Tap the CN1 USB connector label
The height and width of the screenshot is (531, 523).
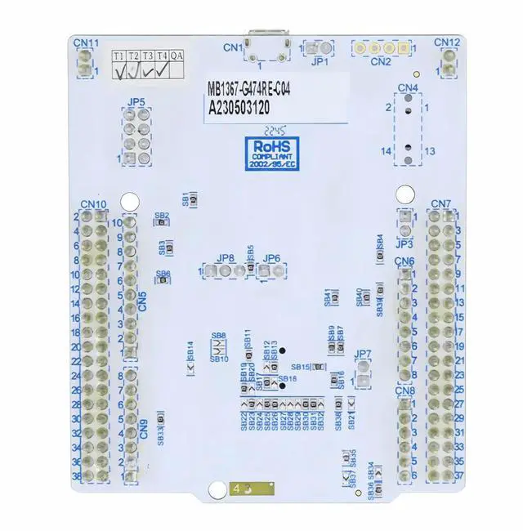[x=234, y=47]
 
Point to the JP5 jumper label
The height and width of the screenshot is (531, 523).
[x=136, y=102]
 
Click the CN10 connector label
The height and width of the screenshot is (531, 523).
[x=93, y=204]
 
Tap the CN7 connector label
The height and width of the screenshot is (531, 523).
[x=440, y=203]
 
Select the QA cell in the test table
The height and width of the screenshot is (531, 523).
[x=177, y=56]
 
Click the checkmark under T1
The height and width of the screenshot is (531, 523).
[x=120, y=72]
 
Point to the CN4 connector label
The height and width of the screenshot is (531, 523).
[x=408, y=87]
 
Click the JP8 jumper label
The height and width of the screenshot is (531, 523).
[x=226, y=258]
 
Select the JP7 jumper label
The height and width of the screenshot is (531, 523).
[x=364, y=355]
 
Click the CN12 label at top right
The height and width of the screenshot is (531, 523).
[x=447, y=42]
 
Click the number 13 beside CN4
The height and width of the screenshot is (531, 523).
[x=430, y=151]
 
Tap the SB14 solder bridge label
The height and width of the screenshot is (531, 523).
[x=190, y=350]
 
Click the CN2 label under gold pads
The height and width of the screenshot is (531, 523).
[x=381, y=60]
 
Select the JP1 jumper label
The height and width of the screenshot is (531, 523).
[x=320, y=60]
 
